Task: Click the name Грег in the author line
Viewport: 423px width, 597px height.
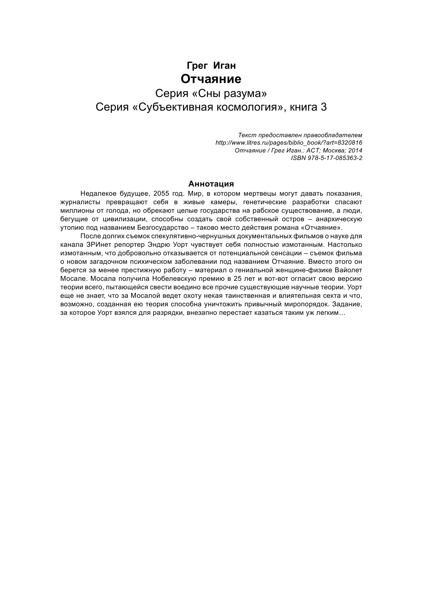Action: pyautogui.click(x=197, y=65)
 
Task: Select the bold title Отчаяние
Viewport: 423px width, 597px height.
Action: pyautogui.click(x=211, y=79)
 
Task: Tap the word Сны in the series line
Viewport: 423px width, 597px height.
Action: pyautogui.click(x=206, y=93)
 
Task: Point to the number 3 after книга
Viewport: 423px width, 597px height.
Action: pyautogui.click(x=324, y=107)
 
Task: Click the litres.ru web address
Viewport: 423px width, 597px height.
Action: pyautogui.click(x=289, y=143)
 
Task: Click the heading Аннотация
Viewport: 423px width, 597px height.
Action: pyautogui.click(x=211, y=184)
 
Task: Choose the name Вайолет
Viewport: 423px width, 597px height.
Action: pyautogui.click(x=349, y=270)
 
